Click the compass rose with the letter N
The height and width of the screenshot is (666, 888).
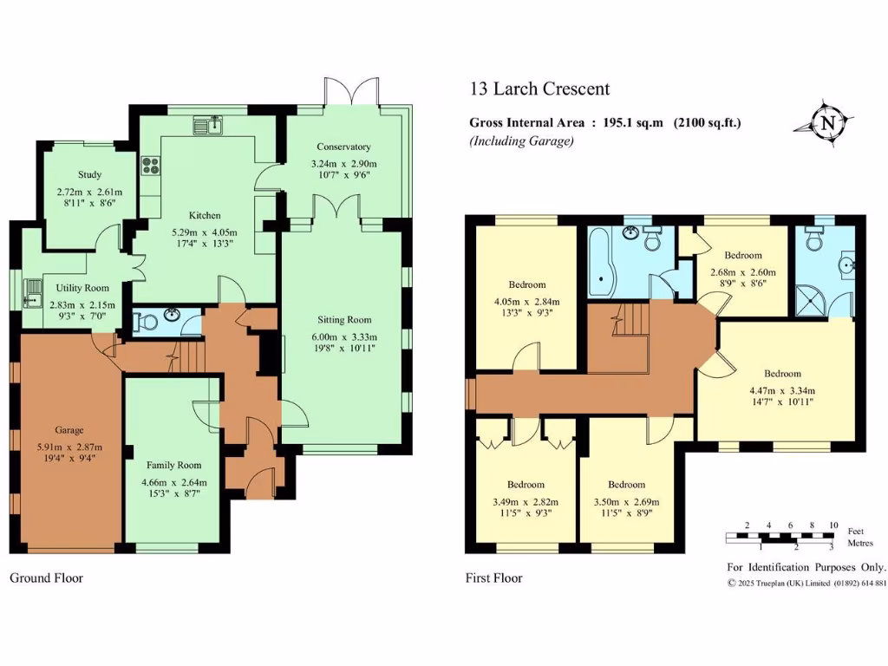(x=826, y=123)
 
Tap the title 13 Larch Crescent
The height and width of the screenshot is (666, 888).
(x=539, y=89)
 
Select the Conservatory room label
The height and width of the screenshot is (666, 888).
(x=343, y=147)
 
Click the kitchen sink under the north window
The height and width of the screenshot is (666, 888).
(x=208, y=125)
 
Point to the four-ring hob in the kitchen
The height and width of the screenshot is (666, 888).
(x=151, y=166)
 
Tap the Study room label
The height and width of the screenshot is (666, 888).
(x=90, y=174)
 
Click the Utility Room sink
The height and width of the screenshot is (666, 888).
(x=33, y=293)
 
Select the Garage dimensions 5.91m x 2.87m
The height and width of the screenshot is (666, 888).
(x=69, y=447)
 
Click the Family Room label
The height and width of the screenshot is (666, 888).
(x=173, y=465)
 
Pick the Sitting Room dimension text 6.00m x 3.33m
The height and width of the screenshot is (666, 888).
(x=344, y=337)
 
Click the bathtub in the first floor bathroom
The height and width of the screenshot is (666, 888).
(x=601, y=263)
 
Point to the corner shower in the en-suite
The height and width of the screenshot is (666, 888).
(x=811, y=301)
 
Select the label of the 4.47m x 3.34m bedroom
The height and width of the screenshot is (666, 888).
(x=783, y=374)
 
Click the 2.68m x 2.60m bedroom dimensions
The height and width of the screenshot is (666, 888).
(x=743, y=272)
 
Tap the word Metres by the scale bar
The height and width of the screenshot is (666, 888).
(x=860, y=543)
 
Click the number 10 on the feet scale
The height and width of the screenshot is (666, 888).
(x=833, y=525)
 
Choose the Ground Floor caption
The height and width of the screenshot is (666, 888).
(x=47, y=578)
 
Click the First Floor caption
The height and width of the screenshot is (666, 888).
(x=493, y=578)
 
